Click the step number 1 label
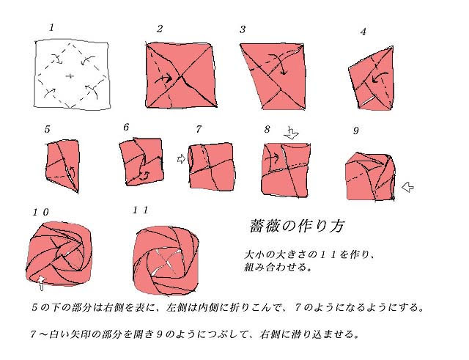[x=52, y=28]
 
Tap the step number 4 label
[x=363, y=32]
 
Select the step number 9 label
[x=355, y=131]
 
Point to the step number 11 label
[x=141, y=210]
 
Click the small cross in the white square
[x=70, y=76]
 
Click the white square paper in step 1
[x=71, y=74]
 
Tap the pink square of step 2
[x=181, y=75]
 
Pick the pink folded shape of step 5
[x=64, y=166]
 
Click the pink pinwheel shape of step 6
[x=141, y=161]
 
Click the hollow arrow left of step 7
[x=181, y=158]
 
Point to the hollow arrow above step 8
[x=292, y=133]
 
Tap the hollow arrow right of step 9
[x=407, y=187]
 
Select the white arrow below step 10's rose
[x=41, y=283]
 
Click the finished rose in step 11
[x=166, y=260]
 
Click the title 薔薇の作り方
[x=297, y=226]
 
